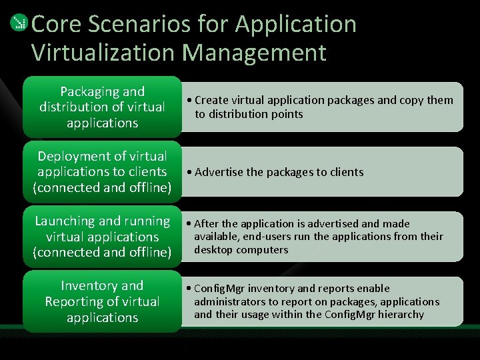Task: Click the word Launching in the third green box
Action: pos(66,221)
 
